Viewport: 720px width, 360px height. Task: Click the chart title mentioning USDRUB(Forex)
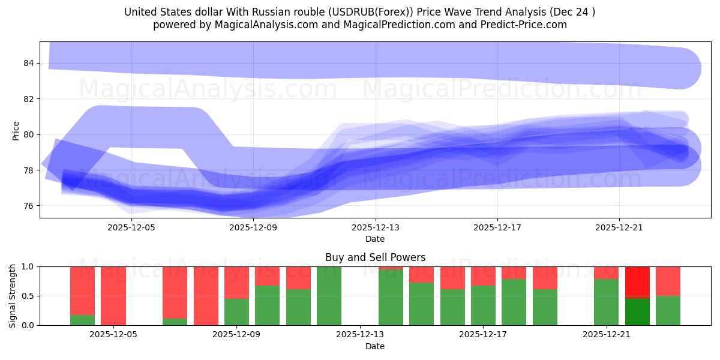pos(359,12)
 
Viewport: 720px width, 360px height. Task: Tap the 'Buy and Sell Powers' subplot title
pos(375,257)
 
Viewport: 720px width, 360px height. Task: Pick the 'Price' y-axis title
pos(16,130)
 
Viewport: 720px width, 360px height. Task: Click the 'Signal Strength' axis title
pos(13,296)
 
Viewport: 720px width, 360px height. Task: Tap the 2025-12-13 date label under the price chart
pos(375,227)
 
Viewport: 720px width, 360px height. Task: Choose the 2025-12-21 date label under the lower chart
pos(606,335)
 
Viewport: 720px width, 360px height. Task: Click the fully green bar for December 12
pos(329,296)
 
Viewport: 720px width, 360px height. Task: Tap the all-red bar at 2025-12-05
pos(113,296)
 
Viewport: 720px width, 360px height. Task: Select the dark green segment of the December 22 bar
pos(637,311)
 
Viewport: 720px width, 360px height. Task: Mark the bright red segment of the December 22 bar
pos(637,281)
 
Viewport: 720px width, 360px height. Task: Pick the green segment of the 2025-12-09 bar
pos(236,312)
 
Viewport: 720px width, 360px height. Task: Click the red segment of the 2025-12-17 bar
pos(483,275)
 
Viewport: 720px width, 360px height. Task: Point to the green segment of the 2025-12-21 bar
pos(606,302)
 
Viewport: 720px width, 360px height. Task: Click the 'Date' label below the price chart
pos(375,239)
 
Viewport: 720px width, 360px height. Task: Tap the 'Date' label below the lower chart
pos(375,346)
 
